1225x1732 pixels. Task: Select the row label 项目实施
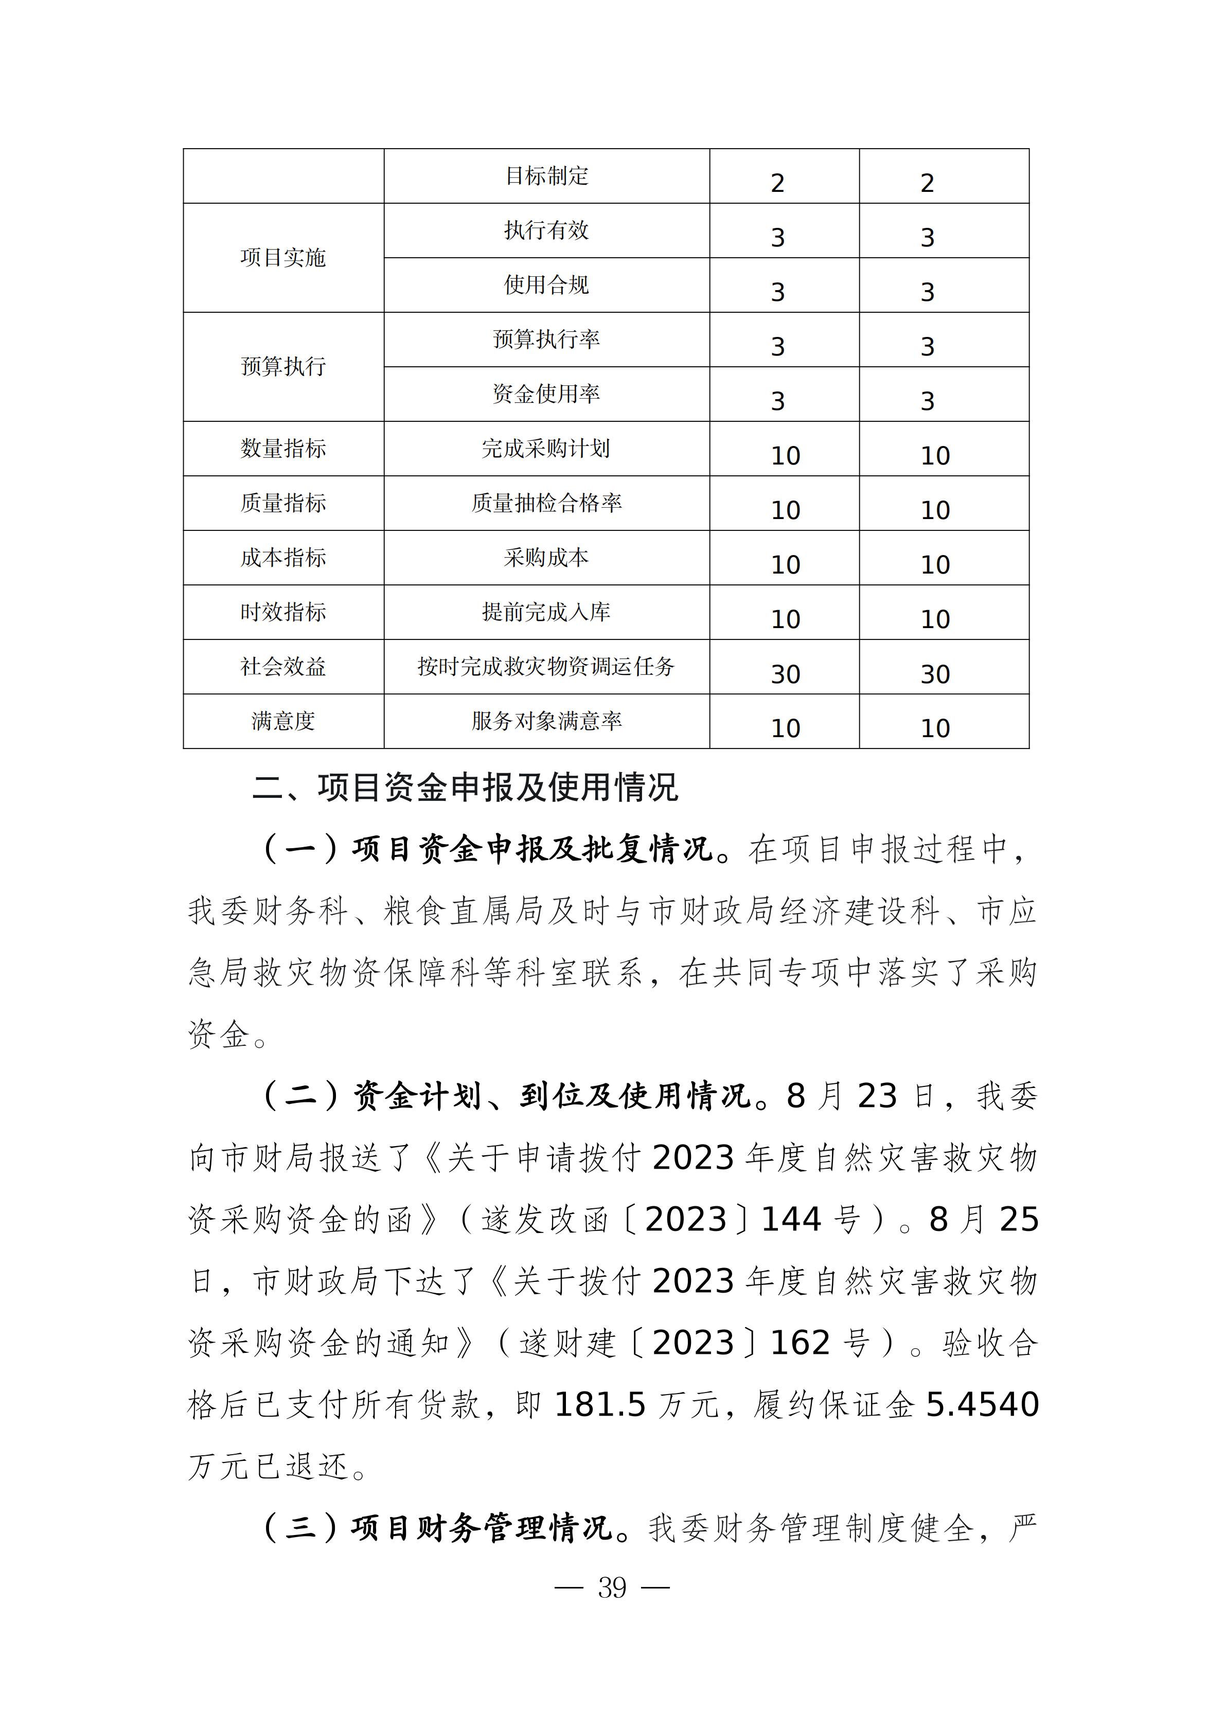click(x=283, y=258)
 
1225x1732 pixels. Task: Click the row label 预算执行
click(x=283, y=367)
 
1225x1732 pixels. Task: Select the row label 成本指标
click(x=283, y=558)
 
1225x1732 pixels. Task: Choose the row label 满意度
click(x=283, y=721)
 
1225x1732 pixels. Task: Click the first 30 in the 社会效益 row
click(x=785, y=674)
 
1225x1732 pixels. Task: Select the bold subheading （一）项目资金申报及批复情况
click(x=487, y=849)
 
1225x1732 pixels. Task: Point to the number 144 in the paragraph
click(x=791, y=1220)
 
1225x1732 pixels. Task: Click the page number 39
click(x=612, y=1588)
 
